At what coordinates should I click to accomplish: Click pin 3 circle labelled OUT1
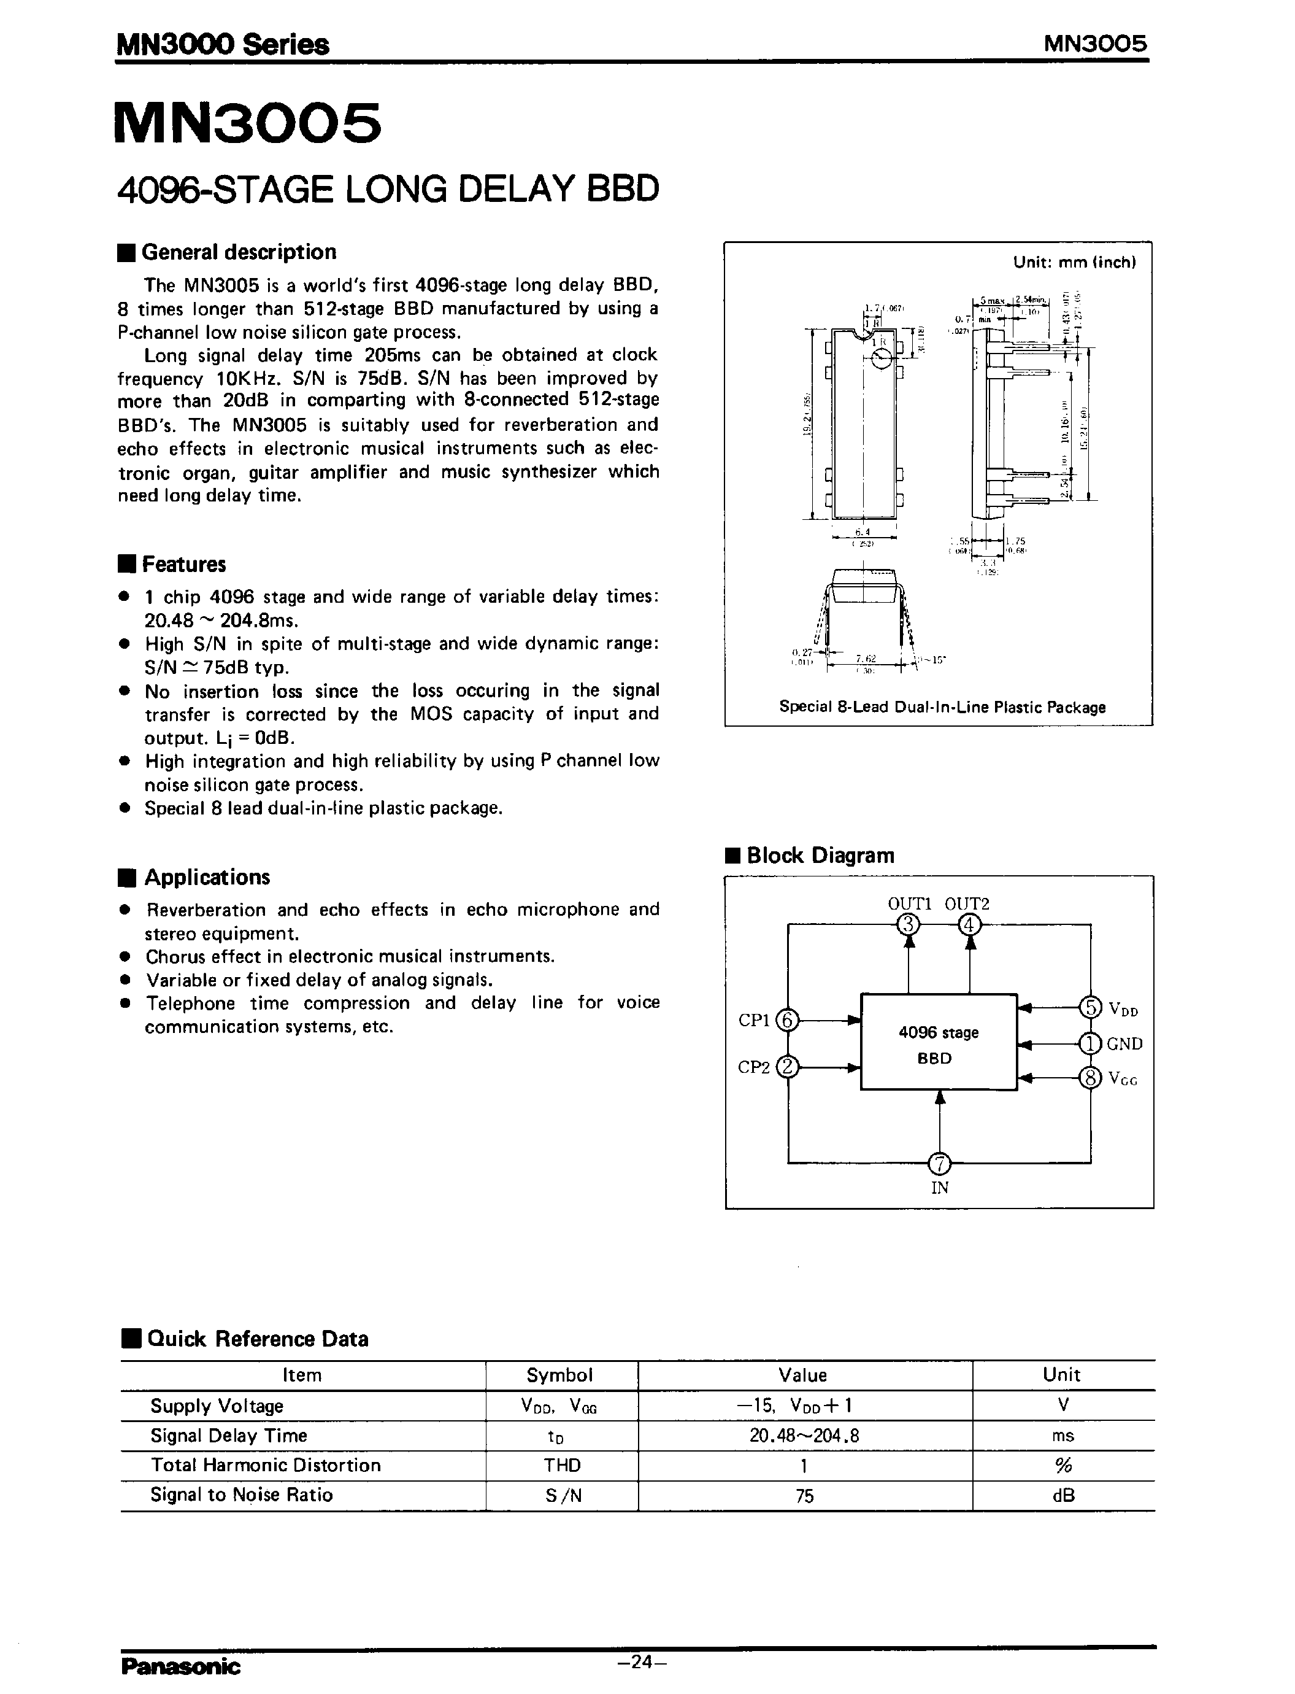coord(910,924)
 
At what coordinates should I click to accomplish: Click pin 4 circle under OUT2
coord(970,924)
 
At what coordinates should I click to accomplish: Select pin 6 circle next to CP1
coord(788,1020)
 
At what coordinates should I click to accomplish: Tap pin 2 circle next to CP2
coord(788,1068)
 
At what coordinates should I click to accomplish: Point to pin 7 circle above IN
coord(940,1162)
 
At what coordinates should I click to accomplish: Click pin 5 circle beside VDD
coord(1090,1007)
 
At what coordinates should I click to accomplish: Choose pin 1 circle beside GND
coord(1090,1044)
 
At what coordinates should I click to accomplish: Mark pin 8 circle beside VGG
coord(1090,1077)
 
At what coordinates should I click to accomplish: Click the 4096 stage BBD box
coord(938,1042)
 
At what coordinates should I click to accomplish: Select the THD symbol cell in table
coord(561,1466)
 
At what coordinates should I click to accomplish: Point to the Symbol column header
coord(559,1375)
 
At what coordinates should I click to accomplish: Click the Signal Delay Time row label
coord(228,1436)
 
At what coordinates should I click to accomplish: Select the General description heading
coord(238,252)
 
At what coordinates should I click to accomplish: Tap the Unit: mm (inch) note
coord(1074,262)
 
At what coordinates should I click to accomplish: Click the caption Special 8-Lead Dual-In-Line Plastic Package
coord(942,707)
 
